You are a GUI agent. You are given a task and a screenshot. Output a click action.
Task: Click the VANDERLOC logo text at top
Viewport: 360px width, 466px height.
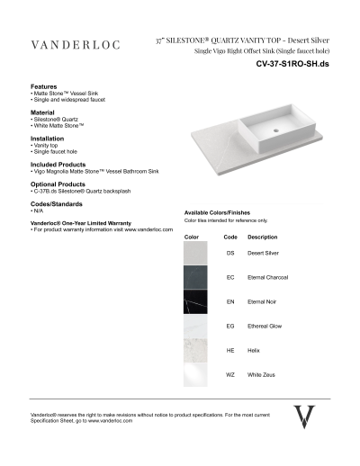pos(72,44)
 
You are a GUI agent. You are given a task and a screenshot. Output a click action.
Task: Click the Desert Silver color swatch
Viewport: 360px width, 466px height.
pos(198,255)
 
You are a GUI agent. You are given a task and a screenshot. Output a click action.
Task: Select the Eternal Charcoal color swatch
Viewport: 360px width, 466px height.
pos(198,278)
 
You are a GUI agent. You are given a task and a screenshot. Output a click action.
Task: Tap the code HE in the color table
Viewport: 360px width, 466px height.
pos(230,349)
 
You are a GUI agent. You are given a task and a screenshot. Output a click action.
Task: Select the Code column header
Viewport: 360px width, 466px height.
pos(230,237)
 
